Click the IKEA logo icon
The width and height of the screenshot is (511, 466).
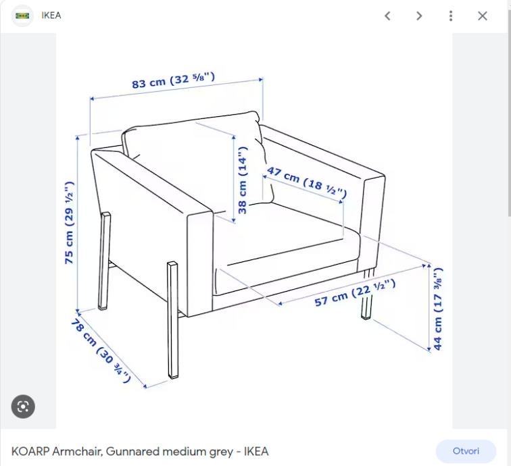pos(22,16)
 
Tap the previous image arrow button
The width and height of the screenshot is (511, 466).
pos(387,16)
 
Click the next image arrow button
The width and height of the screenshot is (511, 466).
pos(419,16)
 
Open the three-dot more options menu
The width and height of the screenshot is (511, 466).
pos(451,16)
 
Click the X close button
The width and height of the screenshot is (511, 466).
pos(483,16)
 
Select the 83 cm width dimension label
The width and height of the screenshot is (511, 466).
pos(173,80)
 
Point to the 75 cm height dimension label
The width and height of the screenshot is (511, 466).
pos(69,222)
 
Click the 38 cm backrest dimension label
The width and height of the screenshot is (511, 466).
pos(243,180)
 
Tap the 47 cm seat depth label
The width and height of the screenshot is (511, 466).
pos(307,182)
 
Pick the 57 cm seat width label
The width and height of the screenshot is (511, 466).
pos(356,292)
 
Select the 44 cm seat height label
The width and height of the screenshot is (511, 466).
pos(438,309)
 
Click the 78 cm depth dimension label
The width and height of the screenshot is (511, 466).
pos(101,351)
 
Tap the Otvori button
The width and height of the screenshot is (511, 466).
pos(466,451)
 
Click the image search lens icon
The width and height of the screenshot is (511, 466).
pos(23,407)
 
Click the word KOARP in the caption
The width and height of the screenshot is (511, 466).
pos(30,451)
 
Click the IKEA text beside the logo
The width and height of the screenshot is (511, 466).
pos(51,16)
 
